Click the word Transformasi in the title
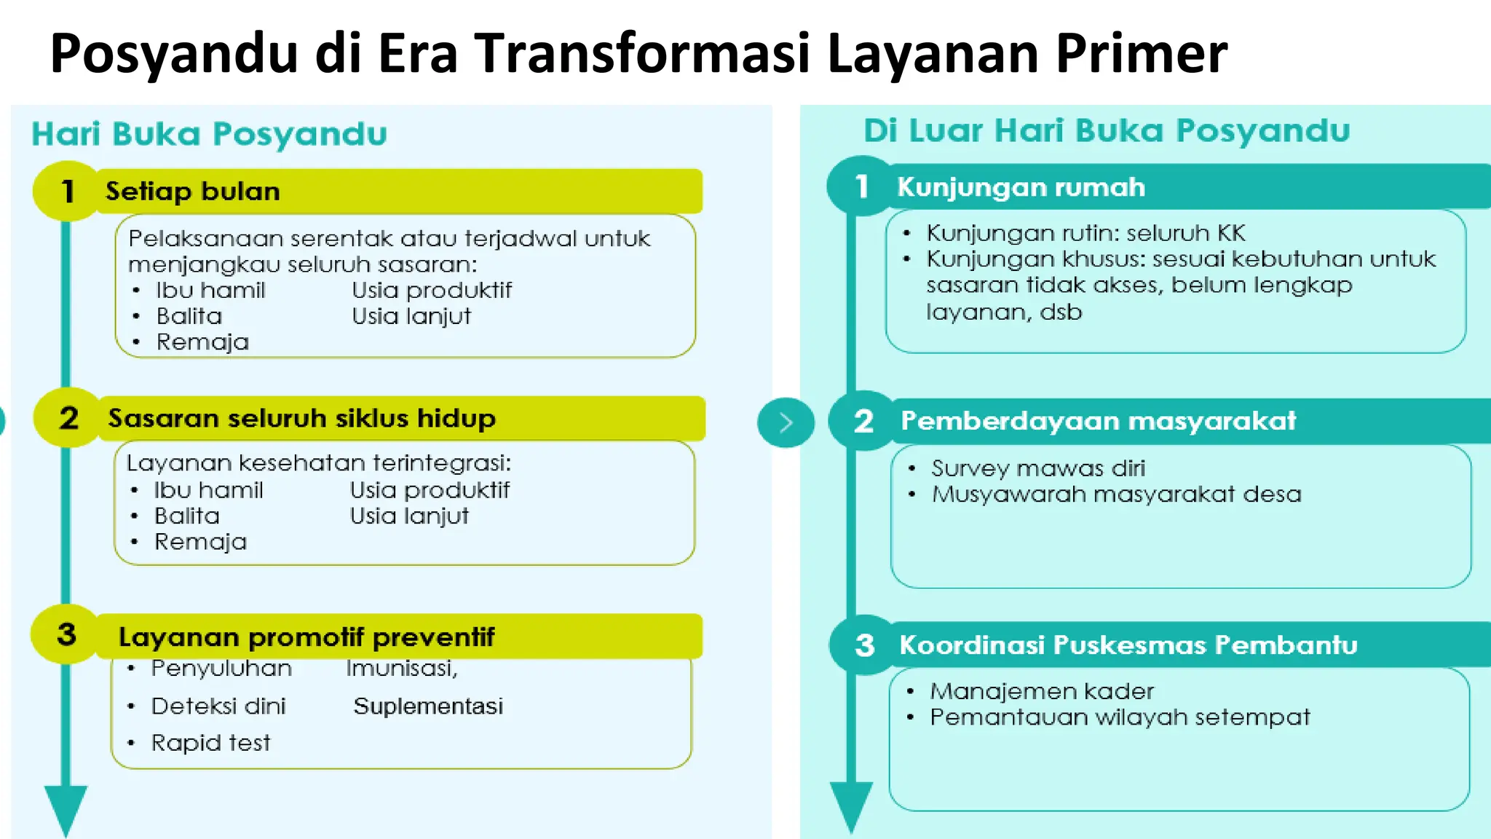[x=642, y=54]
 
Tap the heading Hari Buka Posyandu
[x=209, y=134]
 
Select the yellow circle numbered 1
[x=67, y=191]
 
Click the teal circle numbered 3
[x=864, y=645]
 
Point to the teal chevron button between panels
[x=786, y=422]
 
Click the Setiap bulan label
[x=192, y=192]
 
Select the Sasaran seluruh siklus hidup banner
[x=301, y=419]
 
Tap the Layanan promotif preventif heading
[x=306, y=637]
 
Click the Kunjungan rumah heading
[x=1021, y=187]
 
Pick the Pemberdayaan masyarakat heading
[x=1098, y=421]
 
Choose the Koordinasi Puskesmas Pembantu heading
[x=1128, y=645]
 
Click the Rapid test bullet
[x=210, y=743]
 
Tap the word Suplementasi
[x=428, y=706]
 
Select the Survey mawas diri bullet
[x=1037, y=468]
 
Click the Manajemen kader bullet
[x=1041, y=691]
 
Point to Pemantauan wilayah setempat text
[x=1119, y=717]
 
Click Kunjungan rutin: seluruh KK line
[x=1085, y=233]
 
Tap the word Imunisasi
[x=401, y=668]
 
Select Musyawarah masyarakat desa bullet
[x=1115, y=495]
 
